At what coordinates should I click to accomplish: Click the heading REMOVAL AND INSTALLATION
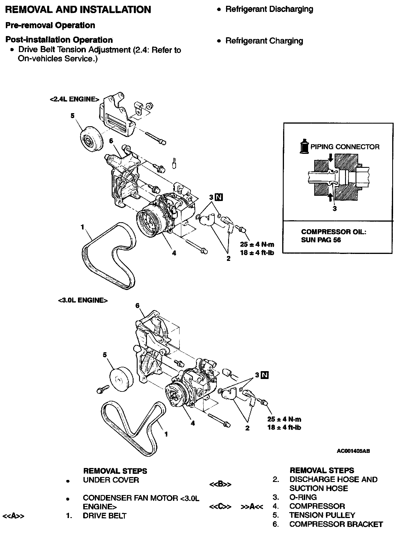(78, 10)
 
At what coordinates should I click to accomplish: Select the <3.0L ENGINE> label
(83, 300)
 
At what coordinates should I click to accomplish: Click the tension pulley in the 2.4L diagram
(91, 140)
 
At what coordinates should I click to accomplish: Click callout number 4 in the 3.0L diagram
(193, 423)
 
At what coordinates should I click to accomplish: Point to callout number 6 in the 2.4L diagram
(111, 141)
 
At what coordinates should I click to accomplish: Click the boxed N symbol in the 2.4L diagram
(219, 197)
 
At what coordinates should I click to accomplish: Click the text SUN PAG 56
(321, 240)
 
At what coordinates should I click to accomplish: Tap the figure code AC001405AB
(353, 451)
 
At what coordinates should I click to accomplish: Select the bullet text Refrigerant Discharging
(269, 9)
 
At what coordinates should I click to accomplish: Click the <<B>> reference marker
(220, 484)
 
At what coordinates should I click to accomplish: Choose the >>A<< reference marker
(252, 506)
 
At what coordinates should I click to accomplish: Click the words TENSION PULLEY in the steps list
(322, 515)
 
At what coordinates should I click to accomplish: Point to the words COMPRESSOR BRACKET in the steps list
(336, 524)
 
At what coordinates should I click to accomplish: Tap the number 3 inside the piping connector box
(335, 209)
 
